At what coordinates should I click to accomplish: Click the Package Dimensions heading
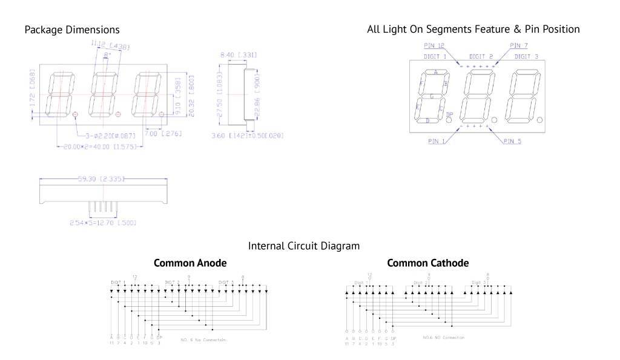pos(72,30)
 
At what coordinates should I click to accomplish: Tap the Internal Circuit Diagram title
pos(304,246)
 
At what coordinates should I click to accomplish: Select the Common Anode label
pos(190,263)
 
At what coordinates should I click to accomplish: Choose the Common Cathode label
pos(427,263)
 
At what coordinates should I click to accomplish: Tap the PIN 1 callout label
pos(437,141)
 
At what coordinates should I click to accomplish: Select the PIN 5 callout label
pos(512,141)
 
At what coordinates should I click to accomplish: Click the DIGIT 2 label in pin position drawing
pos(483,57)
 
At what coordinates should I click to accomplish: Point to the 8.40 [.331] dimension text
pos(238,56)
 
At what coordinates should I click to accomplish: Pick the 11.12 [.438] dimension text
pos(110,45)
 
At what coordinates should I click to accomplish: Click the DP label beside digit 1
pos(449,114)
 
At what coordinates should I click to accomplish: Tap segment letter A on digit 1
pos(435,72)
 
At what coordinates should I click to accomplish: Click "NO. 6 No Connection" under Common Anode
pos(203,340)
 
